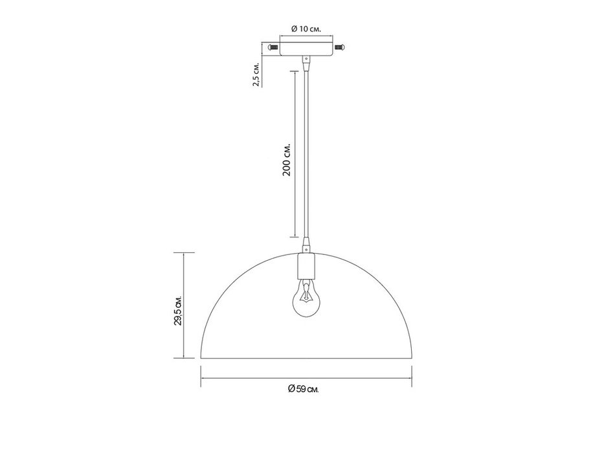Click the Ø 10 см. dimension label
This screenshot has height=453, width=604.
pyautogui.click(x=306, y=28)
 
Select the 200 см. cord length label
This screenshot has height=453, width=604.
pyautogui.click(x=287, y=159)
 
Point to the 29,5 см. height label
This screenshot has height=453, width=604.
pyautogui.click(x=177, y=311)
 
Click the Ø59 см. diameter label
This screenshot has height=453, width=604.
pyautogui.click(x=304, y=389)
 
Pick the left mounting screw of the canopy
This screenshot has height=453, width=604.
pyautogui.click(x=273, y=47)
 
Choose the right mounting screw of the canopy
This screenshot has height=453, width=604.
pyautogui.click(x=340, y=47)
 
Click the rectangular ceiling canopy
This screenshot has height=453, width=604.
pyautogui.click(x=306, y=47)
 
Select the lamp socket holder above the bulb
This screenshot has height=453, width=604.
pyautogui.click(x=306, y=266)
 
